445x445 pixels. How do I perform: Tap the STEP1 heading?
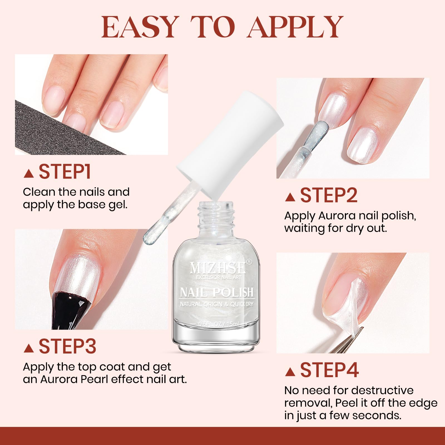[x=65, y=172]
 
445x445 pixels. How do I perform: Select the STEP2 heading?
[x=328, y=195]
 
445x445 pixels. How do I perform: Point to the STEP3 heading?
[x=67, y=346]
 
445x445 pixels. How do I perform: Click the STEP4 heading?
[x=329, y=370]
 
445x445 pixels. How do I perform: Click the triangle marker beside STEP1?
[x=29, y=174]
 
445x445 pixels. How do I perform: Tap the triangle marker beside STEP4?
[x=290, y=372]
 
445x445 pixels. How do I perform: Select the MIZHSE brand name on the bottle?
[x=217, y=268]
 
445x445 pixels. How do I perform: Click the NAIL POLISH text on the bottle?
[x=217, y=292]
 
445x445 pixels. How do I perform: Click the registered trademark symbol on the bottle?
[x=249, y=261]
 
